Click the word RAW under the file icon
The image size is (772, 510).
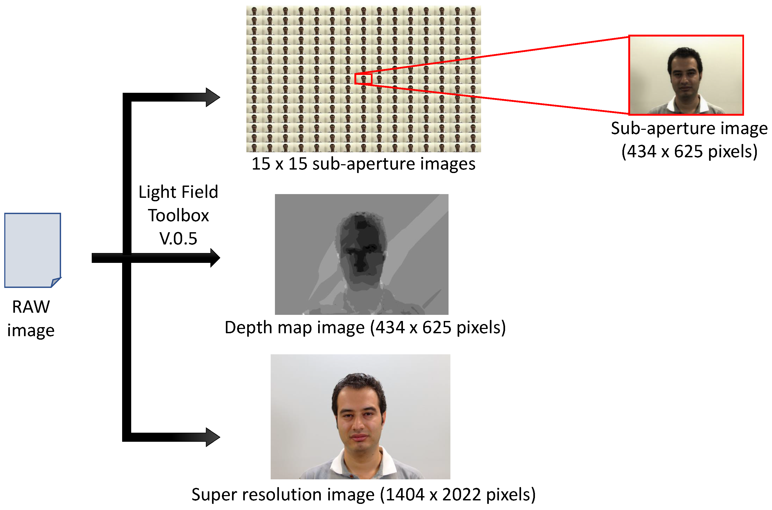[31, 307]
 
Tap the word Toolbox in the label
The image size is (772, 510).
[178, 215]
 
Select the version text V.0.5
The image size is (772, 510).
[178, 238]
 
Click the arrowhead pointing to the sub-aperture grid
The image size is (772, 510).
[213, 97]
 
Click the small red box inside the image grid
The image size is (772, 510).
[363, 79]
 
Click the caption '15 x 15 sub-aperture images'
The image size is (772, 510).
[363, 164]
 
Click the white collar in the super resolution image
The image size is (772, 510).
[338, 462]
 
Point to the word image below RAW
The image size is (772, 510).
[31, 331]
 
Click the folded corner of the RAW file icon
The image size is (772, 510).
[56, 282]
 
